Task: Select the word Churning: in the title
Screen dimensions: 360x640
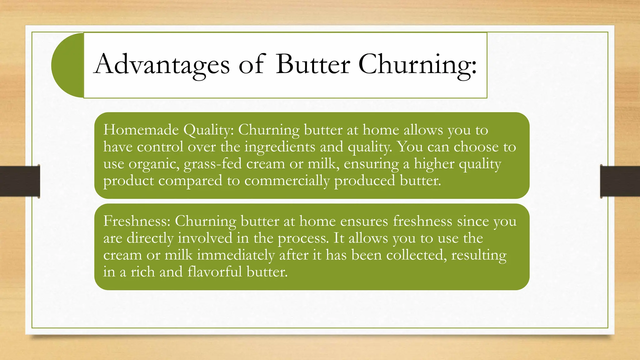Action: (x=417, y=65)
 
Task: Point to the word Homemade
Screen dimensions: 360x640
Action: (x=141, y=130)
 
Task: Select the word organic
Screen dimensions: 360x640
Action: (x=154, y=164)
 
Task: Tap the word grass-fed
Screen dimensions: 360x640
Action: (x=212, y=164)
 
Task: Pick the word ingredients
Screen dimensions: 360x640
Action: (x=280, y=147)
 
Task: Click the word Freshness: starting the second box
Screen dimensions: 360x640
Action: (x=137, y=221)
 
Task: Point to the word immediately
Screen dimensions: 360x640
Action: (x=236, y=255)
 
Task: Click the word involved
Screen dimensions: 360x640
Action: (x=205, y=238)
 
